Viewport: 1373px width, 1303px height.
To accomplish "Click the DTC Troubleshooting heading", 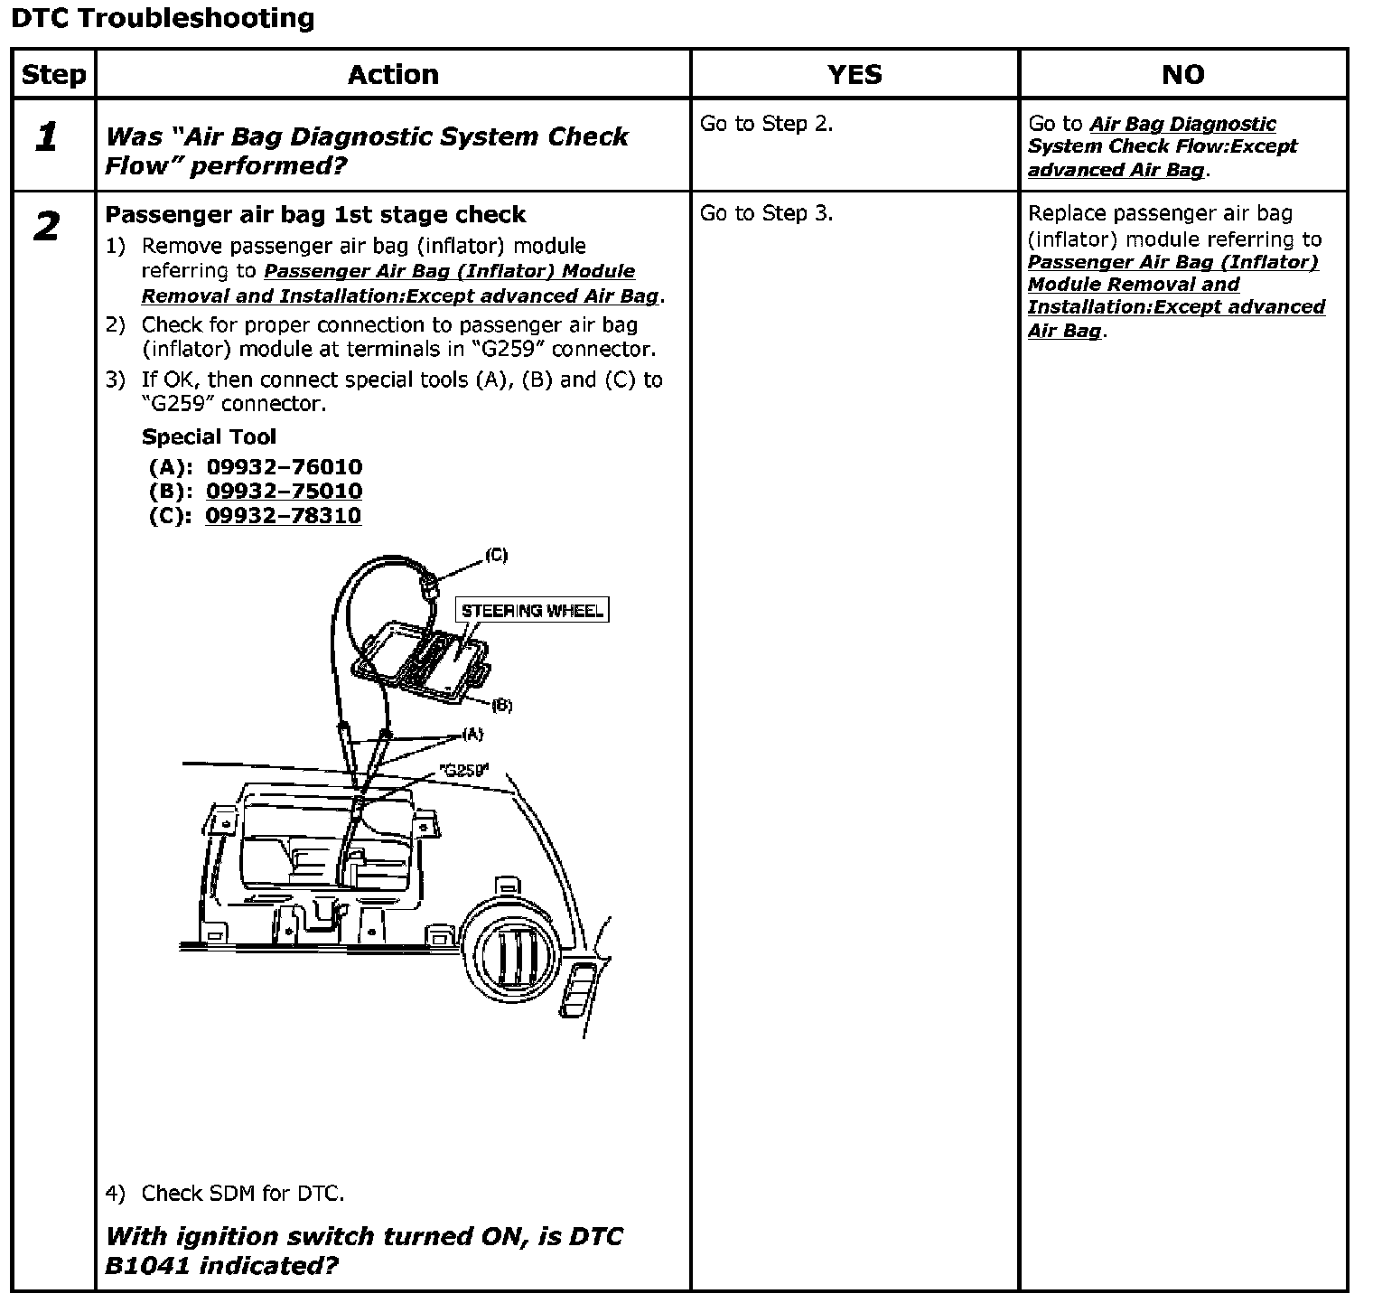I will tap(163, 18).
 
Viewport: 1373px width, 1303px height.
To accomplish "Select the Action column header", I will tap(393, 74).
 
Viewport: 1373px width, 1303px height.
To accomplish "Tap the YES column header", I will tap(855, 74).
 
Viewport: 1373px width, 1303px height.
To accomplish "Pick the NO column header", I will tap(1182, 74).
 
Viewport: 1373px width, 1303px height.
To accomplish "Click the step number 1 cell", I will tap(47, 137).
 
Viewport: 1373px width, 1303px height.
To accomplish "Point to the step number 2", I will tap(47, 226).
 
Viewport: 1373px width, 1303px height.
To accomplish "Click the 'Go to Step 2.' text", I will tap(766, 124).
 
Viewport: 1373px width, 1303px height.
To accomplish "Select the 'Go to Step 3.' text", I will tap(766, 213).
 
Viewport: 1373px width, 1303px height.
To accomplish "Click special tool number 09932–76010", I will tap(284, 467).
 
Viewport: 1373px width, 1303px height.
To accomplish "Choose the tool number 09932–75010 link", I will tap(284, 492).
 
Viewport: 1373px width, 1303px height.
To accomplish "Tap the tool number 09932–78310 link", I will tap(283, 516).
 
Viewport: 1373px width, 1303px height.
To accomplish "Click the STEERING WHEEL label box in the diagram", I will tap(531, 611).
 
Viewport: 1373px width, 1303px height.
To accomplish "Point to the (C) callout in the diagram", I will tap(496, 555).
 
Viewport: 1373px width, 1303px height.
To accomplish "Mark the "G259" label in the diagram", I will tap(463, 770).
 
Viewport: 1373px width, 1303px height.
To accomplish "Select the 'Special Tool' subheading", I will tap(209, 437).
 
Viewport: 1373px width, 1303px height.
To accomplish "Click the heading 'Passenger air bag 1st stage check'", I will tap(315, 215).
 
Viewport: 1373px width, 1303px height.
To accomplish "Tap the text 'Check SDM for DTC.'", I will tap(242, 1194).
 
